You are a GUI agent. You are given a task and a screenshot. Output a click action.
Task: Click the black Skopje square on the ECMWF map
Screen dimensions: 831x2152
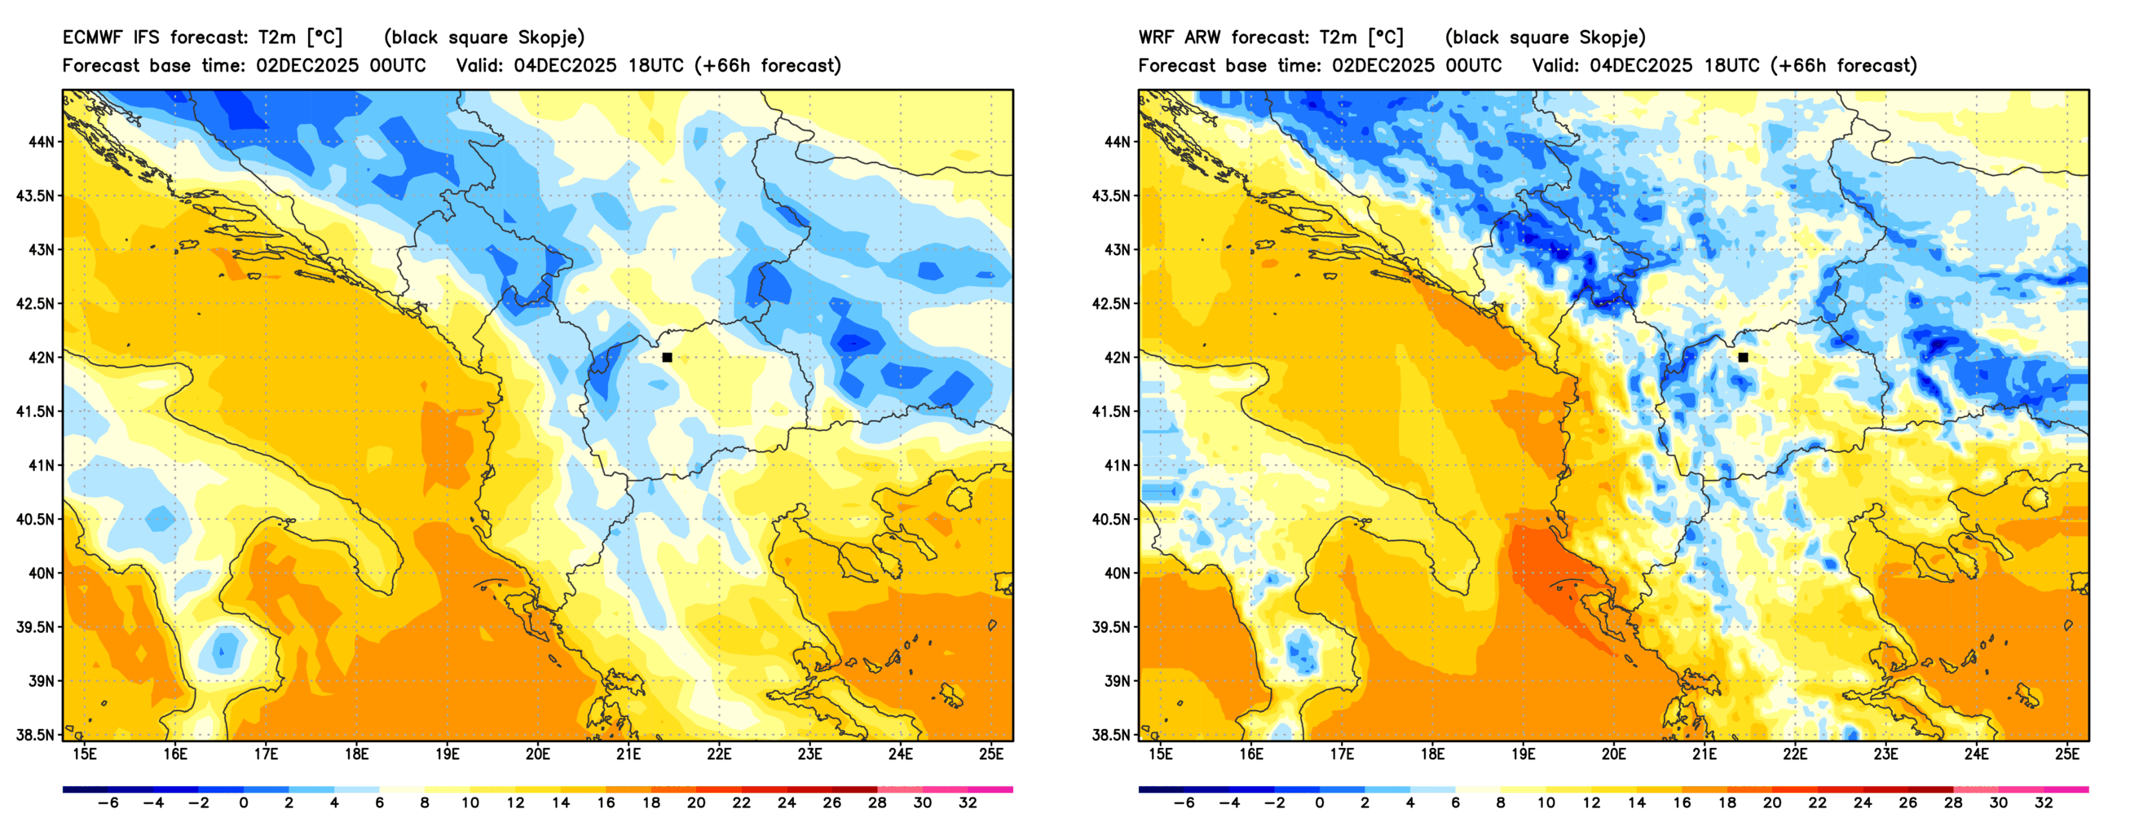pyautogui.click(x=667, y=358)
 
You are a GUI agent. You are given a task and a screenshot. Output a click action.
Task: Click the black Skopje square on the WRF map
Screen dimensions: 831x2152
pyautogui.click(x=1743, y=358)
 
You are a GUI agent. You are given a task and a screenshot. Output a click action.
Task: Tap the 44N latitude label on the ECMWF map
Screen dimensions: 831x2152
pyautogui.click(x=41, y=142)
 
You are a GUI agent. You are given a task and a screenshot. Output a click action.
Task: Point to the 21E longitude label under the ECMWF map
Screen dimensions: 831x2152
pyautogui.click(x=628, y=754)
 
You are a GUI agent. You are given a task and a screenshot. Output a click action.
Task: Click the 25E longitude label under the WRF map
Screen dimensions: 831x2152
pyautogui.click(x=2066, y=754)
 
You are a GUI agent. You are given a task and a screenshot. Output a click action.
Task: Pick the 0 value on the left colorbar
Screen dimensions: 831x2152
pyautogui.click(x=243, y=802)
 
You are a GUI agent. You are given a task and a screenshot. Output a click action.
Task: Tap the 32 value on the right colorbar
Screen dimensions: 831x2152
pyautogui.click(x=2044, y=802)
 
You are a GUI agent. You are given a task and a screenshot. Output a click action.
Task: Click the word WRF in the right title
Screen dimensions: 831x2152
pyautogui.click(x=1154, y=37)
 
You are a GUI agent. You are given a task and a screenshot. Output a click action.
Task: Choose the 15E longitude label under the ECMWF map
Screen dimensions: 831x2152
pyautogui.click(x=85, y=754)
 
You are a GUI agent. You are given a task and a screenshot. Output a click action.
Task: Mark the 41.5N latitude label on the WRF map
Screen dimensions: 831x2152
pyautogui.click(x=1112, y=411)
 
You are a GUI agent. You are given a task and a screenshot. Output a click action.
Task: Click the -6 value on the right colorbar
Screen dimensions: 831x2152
pyautogui.click(x=1184, y=802)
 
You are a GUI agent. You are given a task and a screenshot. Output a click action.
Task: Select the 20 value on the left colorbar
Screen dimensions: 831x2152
pyautogui.click(x=696, y=802)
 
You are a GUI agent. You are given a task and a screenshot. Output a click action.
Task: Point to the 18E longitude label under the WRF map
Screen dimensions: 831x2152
pyautogui.click(x=1432, y=754)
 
